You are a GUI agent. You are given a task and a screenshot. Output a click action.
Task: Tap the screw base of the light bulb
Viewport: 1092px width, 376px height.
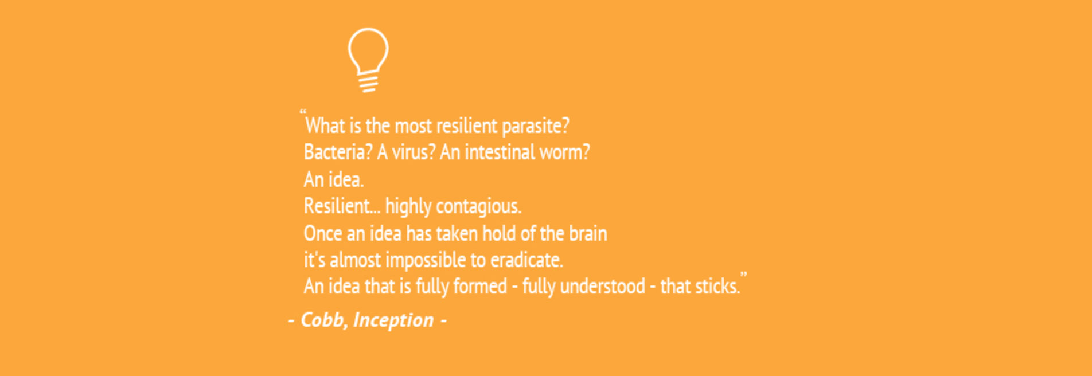(x=368, y=83)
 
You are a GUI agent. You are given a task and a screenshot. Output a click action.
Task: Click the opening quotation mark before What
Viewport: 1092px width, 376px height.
(x=303, y=112)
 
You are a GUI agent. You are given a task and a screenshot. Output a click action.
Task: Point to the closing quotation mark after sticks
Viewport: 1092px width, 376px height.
(x=743, y=276)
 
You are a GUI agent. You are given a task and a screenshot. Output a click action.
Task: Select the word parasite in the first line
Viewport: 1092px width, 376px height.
(x=536, y=126)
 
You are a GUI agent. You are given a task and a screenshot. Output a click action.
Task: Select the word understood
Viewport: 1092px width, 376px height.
(x=602, y=287)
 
